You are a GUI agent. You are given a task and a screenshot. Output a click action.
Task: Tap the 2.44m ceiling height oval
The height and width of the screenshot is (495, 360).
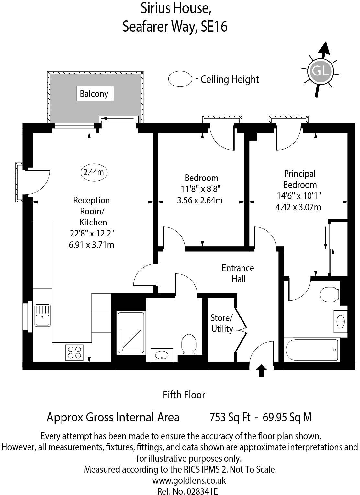point(94,172)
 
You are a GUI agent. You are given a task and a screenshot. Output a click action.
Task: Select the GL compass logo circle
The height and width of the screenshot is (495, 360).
point(321,71)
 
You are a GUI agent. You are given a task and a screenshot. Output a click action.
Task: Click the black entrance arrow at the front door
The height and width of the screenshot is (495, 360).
point(262,371)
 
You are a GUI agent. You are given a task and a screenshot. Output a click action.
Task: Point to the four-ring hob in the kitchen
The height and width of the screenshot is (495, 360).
point(74,352)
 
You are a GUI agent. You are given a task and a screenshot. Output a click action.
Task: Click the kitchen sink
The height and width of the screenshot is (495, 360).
point(42,316)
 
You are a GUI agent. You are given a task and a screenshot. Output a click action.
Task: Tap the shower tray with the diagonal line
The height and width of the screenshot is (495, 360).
point(131,332)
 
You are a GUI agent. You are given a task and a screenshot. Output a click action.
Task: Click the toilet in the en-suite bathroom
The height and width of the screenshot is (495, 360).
point(329,294)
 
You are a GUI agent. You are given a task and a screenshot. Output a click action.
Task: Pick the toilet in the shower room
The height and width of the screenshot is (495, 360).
point(189,344)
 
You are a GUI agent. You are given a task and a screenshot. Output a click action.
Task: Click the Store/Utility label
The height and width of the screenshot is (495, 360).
point(222,323)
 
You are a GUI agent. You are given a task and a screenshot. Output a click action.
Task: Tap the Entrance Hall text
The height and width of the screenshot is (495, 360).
point(238,273)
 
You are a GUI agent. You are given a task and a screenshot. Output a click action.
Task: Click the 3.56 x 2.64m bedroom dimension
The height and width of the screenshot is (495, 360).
point(200,201)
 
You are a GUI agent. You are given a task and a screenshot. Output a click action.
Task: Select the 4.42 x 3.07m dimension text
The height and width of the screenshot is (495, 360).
point(298,207)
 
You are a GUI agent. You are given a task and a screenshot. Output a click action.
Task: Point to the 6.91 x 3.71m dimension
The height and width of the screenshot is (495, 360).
point(91,245)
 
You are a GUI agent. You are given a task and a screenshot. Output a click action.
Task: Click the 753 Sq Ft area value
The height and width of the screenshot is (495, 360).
point(230,417)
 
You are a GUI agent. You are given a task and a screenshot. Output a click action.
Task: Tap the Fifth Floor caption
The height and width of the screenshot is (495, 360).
point(184,395)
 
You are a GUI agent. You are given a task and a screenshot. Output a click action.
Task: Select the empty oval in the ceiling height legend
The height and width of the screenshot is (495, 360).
point(180,79)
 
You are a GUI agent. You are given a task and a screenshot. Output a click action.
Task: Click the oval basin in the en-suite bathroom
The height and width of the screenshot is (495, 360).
point(341,322)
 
